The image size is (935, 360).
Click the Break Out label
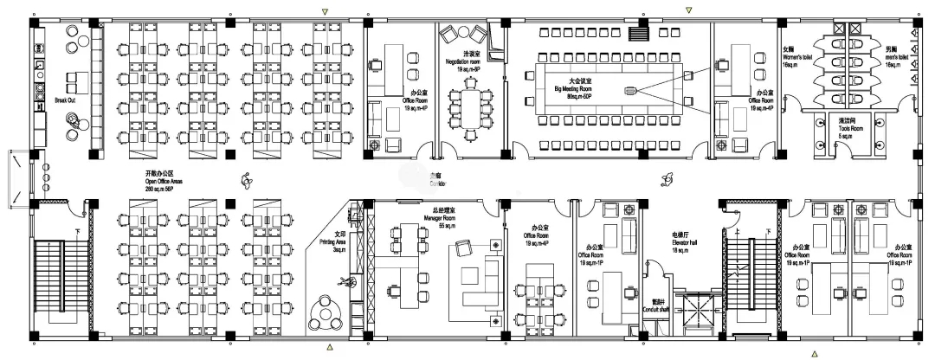(66, 100)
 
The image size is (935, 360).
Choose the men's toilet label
(898, 57)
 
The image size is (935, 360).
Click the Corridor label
(438, 184)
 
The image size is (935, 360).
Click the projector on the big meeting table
(629, 90)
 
